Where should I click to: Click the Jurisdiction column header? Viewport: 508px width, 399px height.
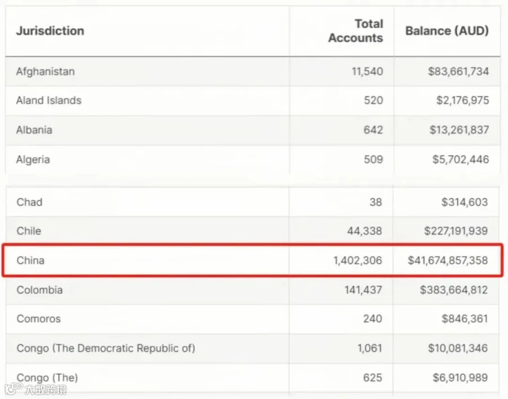(x=50, y=31)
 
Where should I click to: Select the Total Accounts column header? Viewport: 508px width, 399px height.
(x=356, y=31)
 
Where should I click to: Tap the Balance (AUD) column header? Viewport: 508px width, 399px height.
(x=447, y=31)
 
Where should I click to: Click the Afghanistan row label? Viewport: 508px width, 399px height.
(x=45, y=71)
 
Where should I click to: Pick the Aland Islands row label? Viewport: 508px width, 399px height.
(x=49, y=101)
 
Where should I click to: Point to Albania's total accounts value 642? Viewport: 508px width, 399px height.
(x=373, y=130)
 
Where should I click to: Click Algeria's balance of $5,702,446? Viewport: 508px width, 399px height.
(x=461, y=159)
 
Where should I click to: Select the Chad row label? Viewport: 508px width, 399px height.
(x=29, y=202)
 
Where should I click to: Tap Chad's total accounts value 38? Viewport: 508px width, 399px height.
(x=376, y=202)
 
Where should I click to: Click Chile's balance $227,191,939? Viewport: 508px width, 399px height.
(x=456, y=231)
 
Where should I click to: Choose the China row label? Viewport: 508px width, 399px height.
(x=30, y=261)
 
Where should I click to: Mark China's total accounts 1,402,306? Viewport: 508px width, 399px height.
(x=358, y=261)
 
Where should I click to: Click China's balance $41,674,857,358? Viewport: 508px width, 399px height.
(x=448, y=261)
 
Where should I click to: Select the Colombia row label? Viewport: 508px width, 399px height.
(x=40, y=290)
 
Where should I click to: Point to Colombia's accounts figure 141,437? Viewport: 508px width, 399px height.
(x=363, y=290)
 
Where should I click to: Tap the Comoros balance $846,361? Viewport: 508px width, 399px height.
(x=465, y=319)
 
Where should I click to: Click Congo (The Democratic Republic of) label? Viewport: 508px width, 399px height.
(x=106, y=348)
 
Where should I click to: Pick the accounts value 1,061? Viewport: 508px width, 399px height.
(x=370, y=348)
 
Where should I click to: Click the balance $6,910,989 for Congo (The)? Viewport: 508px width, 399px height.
(x=460, y=378)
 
